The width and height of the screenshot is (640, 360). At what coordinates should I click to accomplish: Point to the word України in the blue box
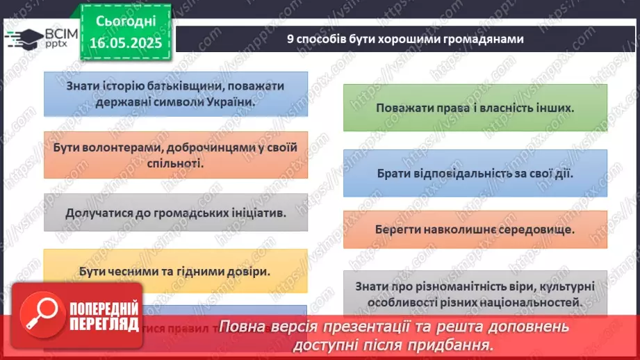(227, 100)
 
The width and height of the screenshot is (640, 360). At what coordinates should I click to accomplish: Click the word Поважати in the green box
(402, 108)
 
